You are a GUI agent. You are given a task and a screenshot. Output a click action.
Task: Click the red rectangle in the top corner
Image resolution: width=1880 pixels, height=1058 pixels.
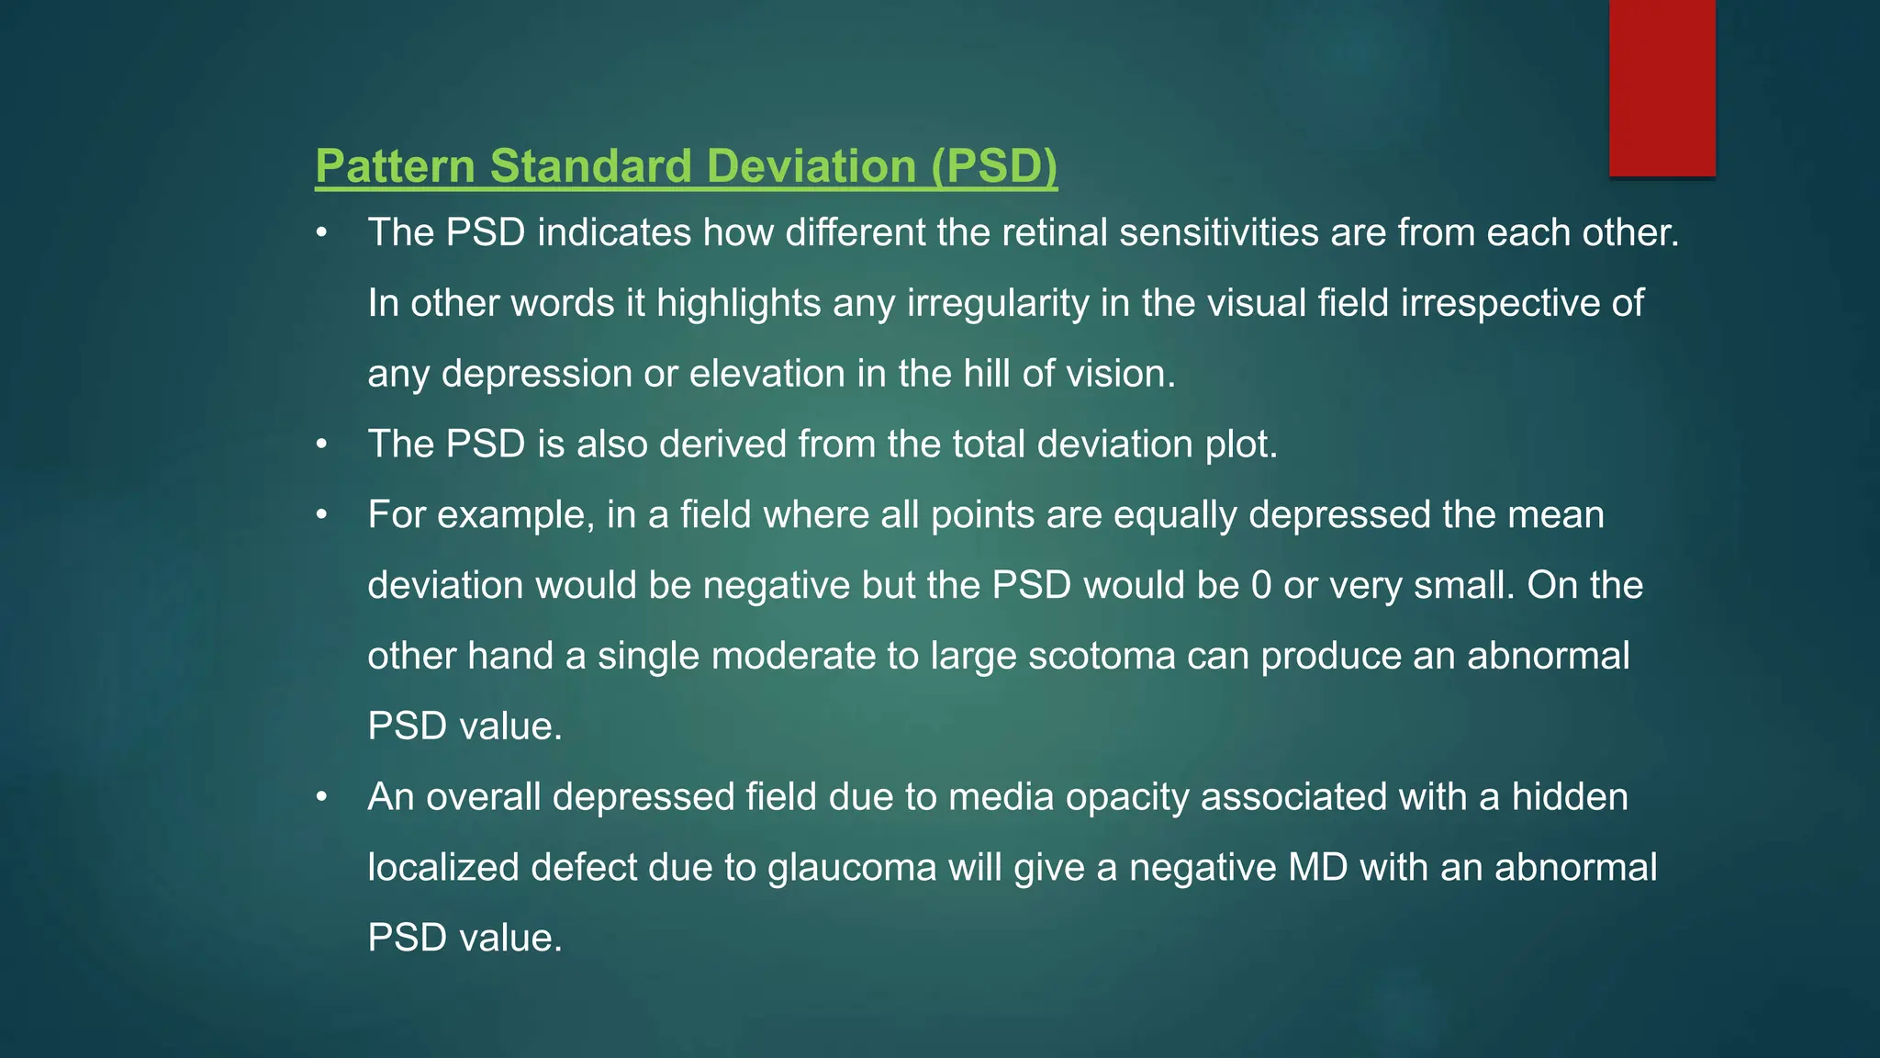[x=1662, y=88]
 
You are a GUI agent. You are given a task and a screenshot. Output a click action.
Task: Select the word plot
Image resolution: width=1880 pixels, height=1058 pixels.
[x=1240, y=445]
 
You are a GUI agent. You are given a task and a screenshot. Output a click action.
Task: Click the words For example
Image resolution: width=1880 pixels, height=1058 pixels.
[x=476, y=515]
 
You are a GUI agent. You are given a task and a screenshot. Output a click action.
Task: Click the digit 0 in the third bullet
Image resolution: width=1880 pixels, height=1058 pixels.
[x=1261, y=586]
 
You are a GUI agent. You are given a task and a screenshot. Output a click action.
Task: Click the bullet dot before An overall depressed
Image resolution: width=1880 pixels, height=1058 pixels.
[x=321, y=797]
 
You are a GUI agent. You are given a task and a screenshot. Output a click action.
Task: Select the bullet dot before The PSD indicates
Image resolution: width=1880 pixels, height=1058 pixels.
[x=321, y=233]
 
